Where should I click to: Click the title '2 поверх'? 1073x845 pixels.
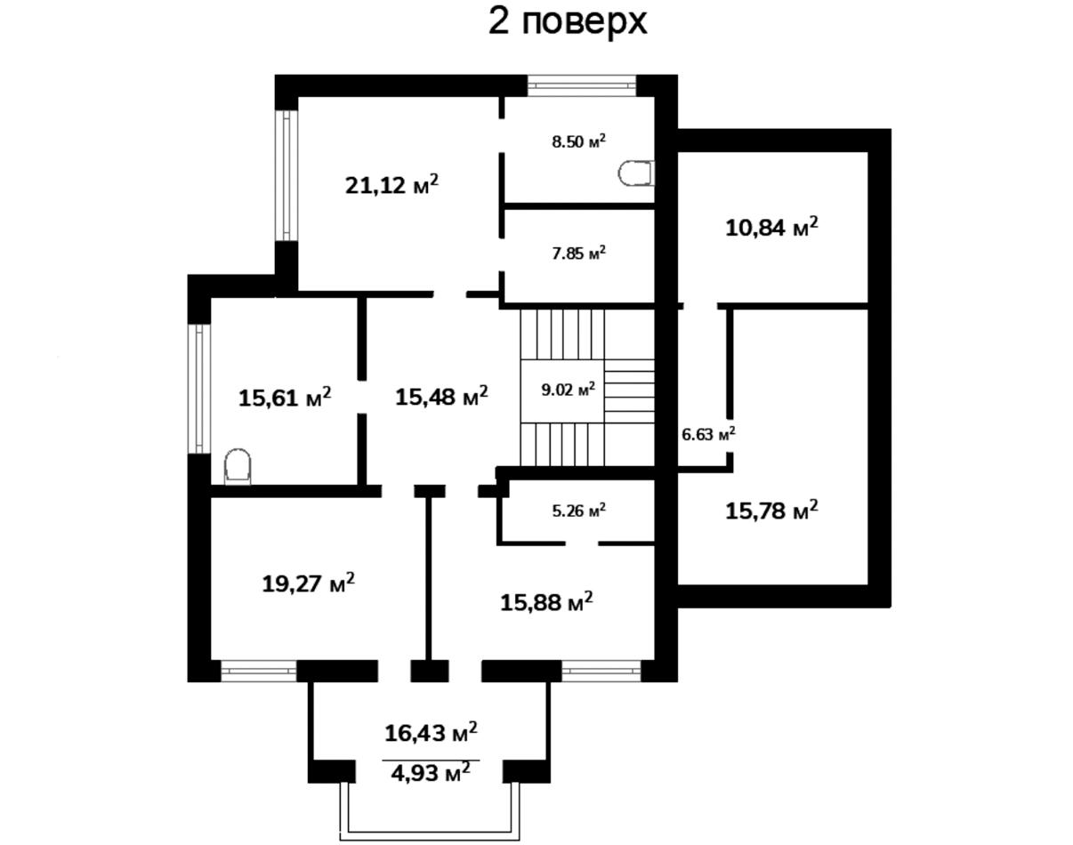(x=568, y=22)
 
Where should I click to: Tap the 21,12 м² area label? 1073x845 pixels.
(x=391, y=185)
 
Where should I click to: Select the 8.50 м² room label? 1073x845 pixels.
(x=578, y=141)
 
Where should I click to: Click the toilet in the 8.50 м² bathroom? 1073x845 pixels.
(x=635, y=173)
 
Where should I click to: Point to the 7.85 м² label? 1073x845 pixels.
(x=578, y=253)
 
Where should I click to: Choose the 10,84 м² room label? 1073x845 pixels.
(x=771, y=228)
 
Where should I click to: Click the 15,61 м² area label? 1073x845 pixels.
(x=285, y=397)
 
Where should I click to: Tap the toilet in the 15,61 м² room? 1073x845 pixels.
(x=237, y=467)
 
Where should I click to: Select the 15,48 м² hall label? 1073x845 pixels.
(x=441, y=395)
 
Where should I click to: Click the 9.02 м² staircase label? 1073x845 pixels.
(x=568, y=390)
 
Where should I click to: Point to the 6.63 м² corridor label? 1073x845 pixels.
(x=708, y=434)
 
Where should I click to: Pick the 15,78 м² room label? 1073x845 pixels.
(x=771, y=511)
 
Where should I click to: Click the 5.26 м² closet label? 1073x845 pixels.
(x=578, y=511)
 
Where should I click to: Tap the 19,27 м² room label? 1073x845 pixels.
(x=309, y=584)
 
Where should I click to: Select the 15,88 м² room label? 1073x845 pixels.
(x=546, y=602)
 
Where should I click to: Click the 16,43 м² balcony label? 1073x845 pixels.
(x=431, y=733)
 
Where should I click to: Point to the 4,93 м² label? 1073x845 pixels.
(x=431, y=773)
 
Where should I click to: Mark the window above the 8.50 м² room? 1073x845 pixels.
(x=582, y=85)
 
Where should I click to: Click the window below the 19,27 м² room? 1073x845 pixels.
(x=258, y=672)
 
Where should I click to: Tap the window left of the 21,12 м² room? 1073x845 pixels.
(x=286, y=174)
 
